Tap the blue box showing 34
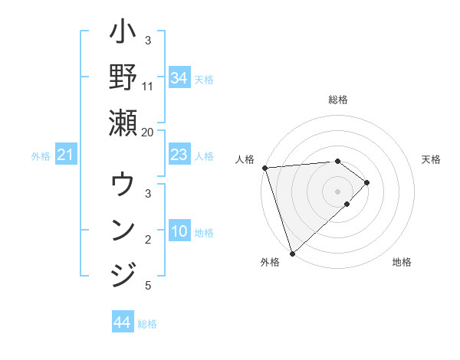(179, 78)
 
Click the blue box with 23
(179, 155)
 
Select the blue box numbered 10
(179, 232)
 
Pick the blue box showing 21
(66, 155)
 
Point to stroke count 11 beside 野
(148, 86)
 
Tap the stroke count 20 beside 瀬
(147, 131)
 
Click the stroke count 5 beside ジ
(148, 286)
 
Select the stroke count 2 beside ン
(148, 240)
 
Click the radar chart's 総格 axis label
(338, 100)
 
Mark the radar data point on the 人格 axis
(264, 168)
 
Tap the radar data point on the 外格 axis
(292, 253)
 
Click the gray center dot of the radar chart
(338, 191)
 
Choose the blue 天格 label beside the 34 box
(204, 79)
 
